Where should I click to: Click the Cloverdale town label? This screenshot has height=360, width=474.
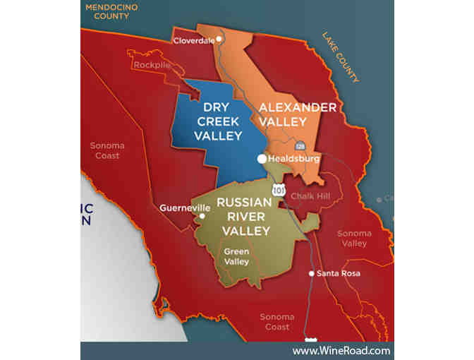pos(193,40)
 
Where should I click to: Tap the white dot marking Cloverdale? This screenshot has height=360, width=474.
pos(219,39)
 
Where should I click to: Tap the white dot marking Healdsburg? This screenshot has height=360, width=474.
pos(262,159)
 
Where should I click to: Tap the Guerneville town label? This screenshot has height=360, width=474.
pos(180,208)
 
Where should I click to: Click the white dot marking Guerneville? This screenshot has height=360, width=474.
pos(201,217)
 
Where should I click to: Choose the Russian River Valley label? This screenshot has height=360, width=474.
pos(244,216)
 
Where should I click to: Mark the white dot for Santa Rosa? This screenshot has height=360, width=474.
pos(312,273)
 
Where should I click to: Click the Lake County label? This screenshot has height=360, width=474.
pos(341,57)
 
